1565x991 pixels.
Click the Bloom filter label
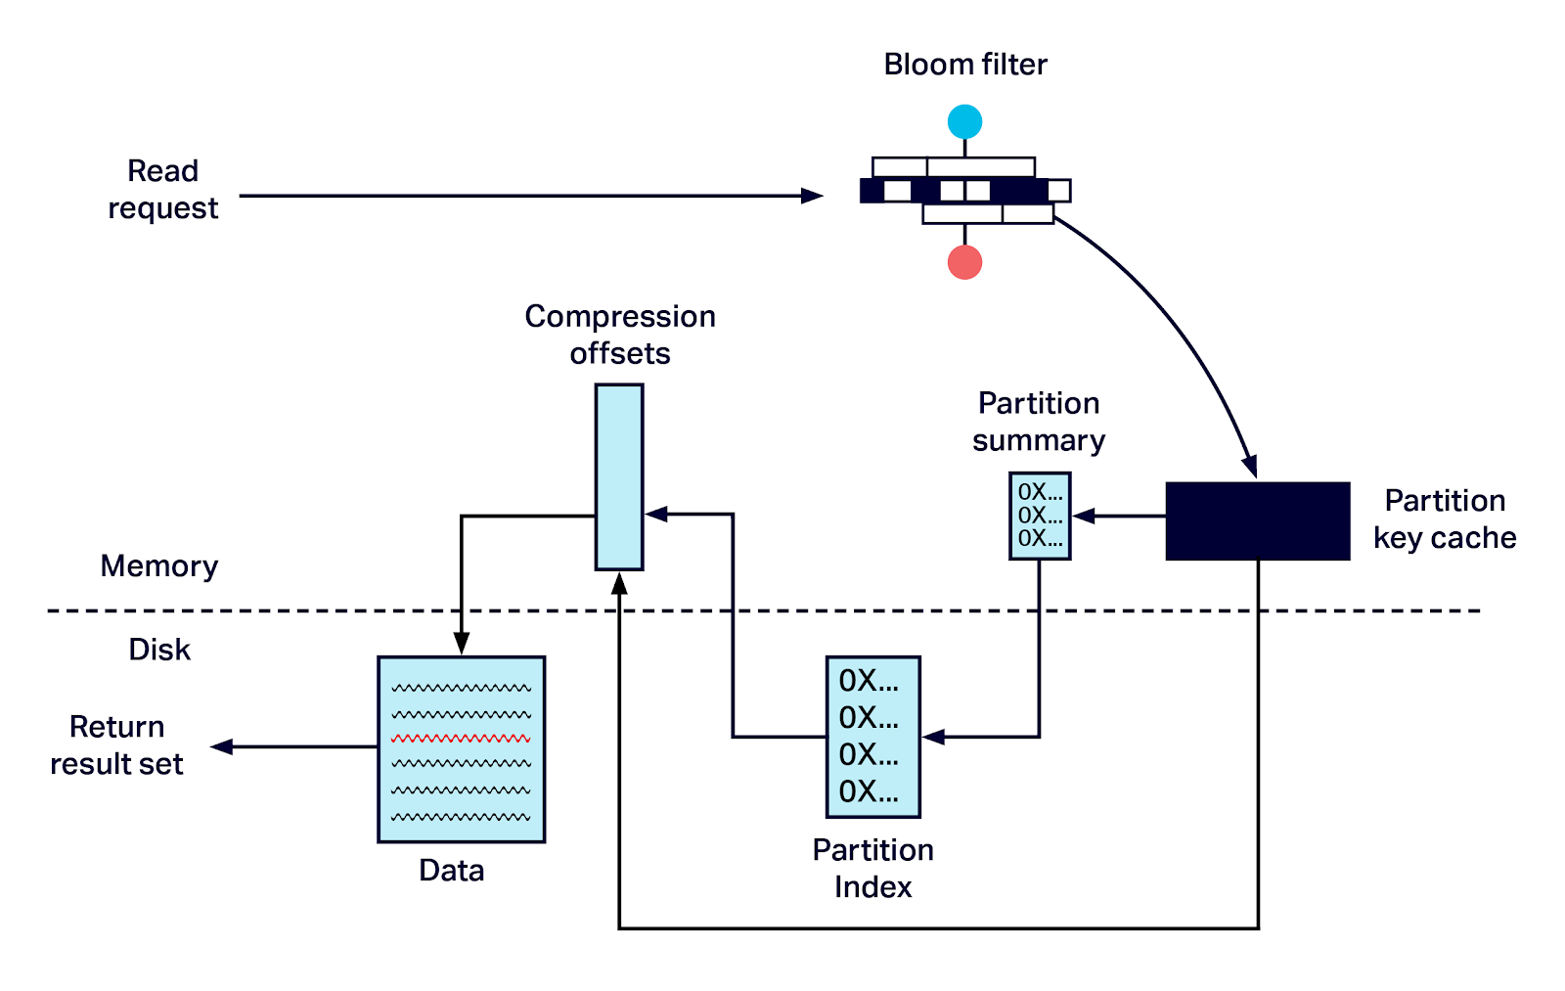point(964,65)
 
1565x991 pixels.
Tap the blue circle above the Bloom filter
point(964,122)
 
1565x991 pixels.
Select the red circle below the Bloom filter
point(964,262)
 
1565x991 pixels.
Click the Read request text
point(162,190)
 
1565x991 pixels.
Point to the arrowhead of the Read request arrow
point(813,196)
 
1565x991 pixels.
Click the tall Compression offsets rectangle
point(619,476)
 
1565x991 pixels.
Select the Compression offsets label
point(620,335)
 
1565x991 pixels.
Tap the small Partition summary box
point(1040,516)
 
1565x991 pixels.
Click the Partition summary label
point(1039,422)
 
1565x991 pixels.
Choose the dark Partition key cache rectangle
point(1257,520)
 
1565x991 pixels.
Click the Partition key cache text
point(1445,519)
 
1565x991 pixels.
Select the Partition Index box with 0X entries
point(872,737)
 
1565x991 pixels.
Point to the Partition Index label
point(872,868)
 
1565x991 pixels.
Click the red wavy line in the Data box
point(461,739)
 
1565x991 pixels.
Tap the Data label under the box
point(451,871)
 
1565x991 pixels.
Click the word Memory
point(159,566)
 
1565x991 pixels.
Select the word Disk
point(159,650)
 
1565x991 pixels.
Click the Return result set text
point(116,745)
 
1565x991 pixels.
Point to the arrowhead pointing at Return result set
point(222,746)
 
